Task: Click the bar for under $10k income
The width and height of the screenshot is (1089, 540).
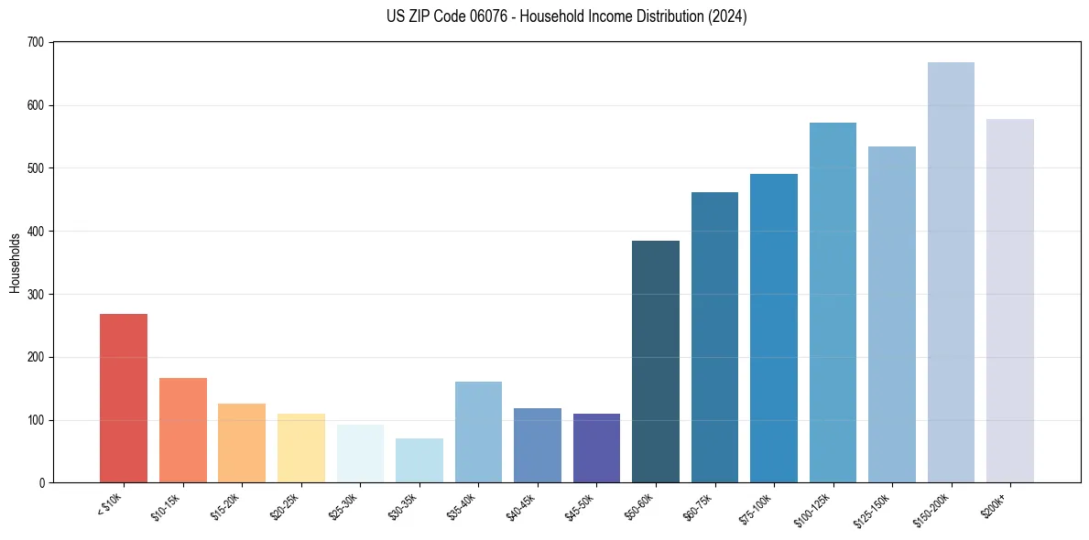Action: [x=124, y=398]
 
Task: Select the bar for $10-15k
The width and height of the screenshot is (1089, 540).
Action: [x=182, y=430]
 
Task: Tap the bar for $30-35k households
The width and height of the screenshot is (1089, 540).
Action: [x=419, y=460]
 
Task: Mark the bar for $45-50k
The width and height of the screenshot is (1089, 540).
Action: [x=596, y=448]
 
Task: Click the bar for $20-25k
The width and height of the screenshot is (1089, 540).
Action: [x=300, y=448]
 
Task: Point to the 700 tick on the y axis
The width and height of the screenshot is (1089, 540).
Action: [x=37, y=43]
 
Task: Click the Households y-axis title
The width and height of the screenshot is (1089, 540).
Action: [x=16, y=263]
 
